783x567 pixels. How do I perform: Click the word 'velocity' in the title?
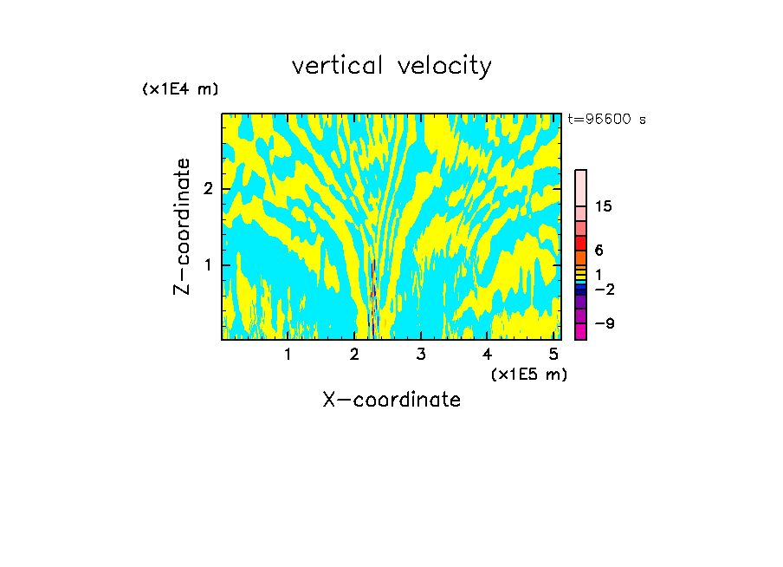[442, 66]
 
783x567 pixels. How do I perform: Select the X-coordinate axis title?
[391, 400]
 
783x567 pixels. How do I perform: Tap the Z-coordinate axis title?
[182, 226]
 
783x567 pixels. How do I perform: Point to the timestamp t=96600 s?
[606, 120]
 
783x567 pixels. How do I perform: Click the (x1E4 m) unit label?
[180, 89]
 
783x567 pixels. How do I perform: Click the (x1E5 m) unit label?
[528, 374]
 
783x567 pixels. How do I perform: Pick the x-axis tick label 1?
[288, 354]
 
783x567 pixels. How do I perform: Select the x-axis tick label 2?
[354, 354]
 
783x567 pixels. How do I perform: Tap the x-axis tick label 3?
[420, 354]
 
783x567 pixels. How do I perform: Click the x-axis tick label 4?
[487, 354]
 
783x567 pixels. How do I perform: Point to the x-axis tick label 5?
[553, 354]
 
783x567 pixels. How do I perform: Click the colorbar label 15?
[604, 206]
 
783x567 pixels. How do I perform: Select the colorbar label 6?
[599, 250]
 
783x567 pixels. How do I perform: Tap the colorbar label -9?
[604, 323]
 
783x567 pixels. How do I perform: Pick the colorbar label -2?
[604, 289]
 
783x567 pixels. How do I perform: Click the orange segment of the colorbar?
[580, 257]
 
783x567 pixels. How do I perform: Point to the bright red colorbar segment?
[580, 242]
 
